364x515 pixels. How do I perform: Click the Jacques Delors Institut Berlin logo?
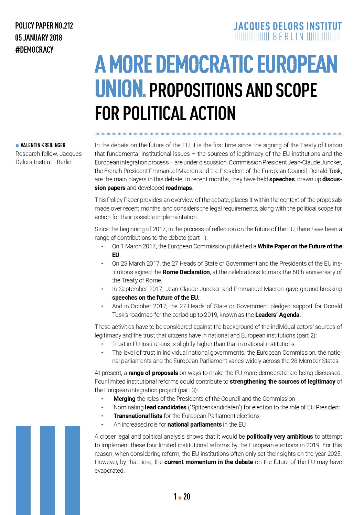tap(288, 31)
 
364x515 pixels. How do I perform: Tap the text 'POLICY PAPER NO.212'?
tap(44, 26)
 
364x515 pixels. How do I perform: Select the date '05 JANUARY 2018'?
tap(39, 38)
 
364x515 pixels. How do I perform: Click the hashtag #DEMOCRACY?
tap(34, 50)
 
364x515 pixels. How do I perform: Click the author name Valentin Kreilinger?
tap(43, 145)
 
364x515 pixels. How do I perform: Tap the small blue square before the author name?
tap(17, 146)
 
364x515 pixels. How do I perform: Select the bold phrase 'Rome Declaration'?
tap(186, 272)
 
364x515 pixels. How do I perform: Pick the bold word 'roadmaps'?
tap(179, 188)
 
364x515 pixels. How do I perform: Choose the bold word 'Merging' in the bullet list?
tap(124, 399)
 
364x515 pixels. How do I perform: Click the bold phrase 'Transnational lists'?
tap(138, 416)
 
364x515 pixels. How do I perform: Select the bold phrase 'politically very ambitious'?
tap(280, 437)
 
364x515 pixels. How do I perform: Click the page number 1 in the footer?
tap(175, 496)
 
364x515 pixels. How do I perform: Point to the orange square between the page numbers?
tap(180, 497)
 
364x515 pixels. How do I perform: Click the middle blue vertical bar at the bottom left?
tap(47, 470)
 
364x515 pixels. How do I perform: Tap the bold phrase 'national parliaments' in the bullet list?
tap(194, 425)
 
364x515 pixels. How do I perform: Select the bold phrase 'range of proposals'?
tap(153, 373)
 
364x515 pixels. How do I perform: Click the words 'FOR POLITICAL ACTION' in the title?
tap(165, 114)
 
